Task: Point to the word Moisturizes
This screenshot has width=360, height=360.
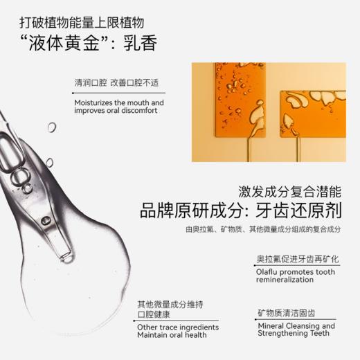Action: [97, 102]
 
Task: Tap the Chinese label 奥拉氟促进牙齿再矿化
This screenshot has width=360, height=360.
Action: [297, 260]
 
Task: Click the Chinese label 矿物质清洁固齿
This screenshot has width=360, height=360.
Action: [288, 312]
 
